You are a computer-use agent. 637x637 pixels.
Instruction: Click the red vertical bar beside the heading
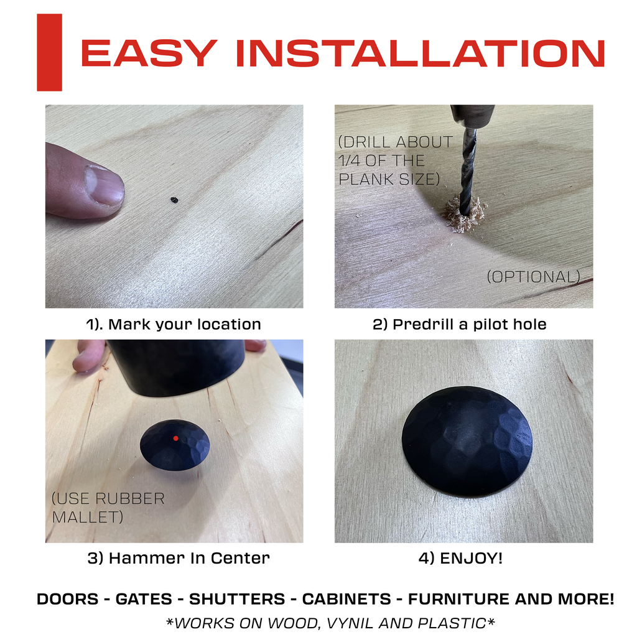(49, 52)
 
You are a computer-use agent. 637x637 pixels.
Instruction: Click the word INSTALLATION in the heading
(421, 53)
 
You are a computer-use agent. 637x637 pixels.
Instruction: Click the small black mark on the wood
(174, 200)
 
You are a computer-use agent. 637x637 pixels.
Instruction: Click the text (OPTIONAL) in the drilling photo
(533, 277)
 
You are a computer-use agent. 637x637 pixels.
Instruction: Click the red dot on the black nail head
(175, 439)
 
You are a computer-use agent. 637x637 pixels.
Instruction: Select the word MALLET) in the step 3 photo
(87, 517)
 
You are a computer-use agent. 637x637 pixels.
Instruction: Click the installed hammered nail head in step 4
(467, 442)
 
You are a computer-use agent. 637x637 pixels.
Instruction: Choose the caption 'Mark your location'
(185, 324)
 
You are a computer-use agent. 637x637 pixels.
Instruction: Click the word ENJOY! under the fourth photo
(472, 558)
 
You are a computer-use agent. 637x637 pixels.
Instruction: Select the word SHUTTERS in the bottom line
(237, 599)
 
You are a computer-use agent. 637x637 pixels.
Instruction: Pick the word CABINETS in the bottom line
(346, 599)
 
